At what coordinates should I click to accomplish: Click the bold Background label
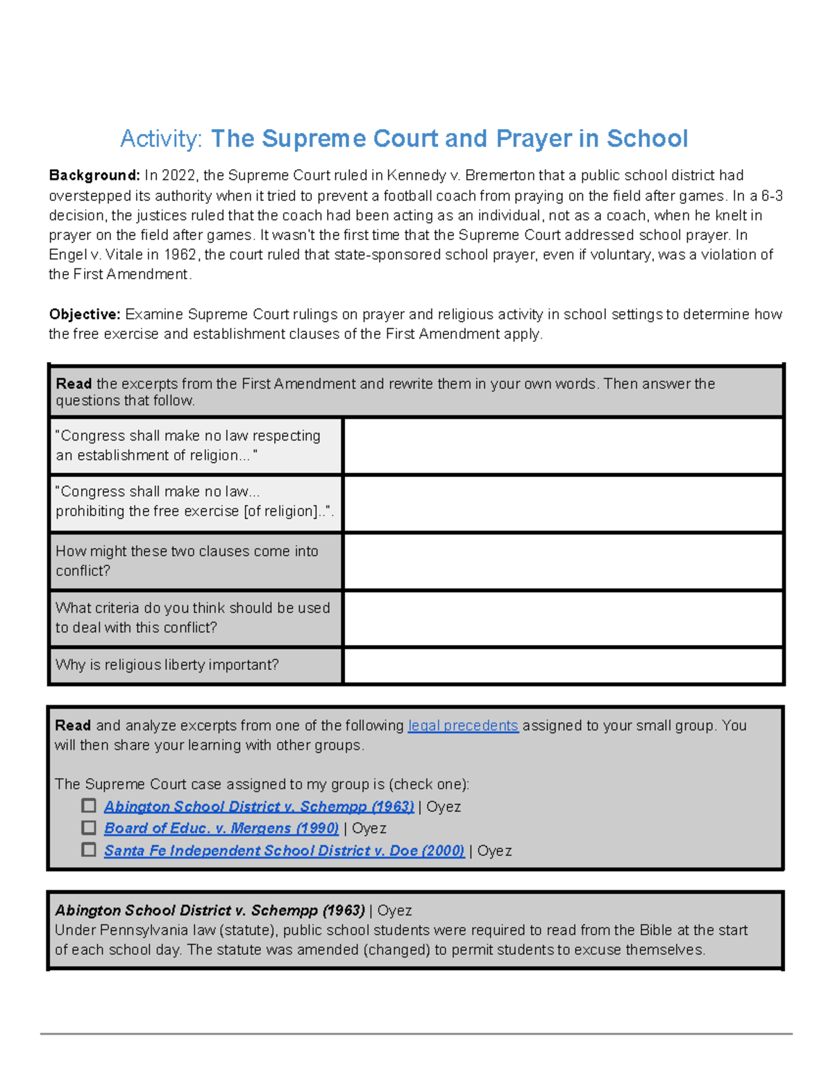click(x=94, y=175)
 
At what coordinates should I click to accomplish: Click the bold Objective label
click(x=85, y=314)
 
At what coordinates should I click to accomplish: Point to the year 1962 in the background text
click(x=180, y=255)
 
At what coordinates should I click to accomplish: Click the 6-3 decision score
click(x=772, y=196)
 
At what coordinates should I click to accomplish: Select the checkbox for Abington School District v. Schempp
click(x=89, y=806)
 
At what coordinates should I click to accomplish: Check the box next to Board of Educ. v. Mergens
click(x=89, y=827)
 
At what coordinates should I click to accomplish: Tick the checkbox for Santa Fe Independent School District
click(x=89, y=850)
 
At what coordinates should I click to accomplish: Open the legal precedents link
click(x=463, y=725)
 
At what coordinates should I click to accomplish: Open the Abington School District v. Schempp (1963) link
click(x=259, y=807)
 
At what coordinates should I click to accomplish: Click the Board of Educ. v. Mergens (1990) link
click(x=221, y=828)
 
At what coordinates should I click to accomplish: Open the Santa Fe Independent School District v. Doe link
click(x=284, y=850)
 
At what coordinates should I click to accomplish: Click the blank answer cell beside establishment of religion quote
click(x=563, y=446)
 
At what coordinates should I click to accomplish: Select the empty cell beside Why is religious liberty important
click(x=563, y=665)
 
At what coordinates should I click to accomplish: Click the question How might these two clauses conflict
click(x=187, y=560)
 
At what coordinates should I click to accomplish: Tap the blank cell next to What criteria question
click(x=563, y=618)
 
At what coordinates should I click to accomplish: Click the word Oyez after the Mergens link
click(x=369, y=828)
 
